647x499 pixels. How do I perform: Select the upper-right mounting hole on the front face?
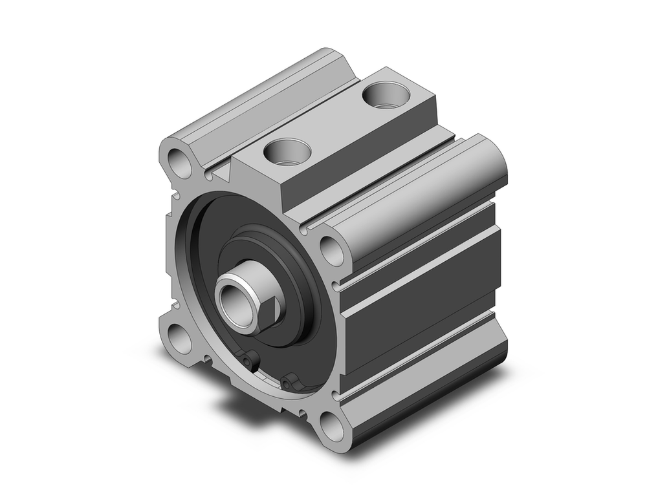[332, 250]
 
